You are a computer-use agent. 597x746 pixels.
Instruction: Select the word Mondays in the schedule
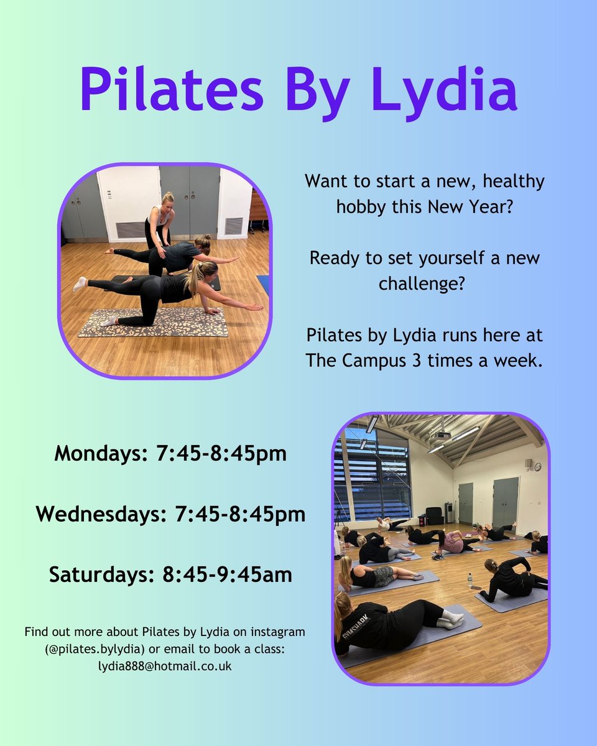pyautogui.click(x=98, y=454)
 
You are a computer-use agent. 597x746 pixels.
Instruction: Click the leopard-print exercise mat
pyautogui.click(x=153, y=323)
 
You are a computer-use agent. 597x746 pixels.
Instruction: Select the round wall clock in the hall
pyautogui.click(x=527, y=464)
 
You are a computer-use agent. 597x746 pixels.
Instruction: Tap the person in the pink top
pyautogui.click(x=452, y=542)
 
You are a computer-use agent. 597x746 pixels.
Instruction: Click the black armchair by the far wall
pyautogui.click(x=433, y=515)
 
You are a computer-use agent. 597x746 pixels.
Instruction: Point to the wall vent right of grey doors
pyautogui.click(x=233, y=226)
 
